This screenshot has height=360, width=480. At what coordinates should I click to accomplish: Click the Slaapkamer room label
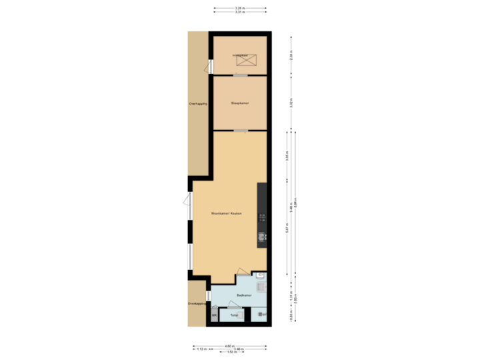click(240, 103)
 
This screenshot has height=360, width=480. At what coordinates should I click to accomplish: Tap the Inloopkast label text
click(239, 55)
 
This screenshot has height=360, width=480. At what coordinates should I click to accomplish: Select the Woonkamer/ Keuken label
click(226, 213)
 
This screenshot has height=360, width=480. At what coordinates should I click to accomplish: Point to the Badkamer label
click(243, 294)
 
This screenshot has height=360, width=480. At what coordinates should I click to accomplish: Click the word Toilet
click(234, 315)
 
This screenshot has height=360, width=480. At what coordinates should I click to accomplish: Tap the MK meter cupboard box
click(213, 315)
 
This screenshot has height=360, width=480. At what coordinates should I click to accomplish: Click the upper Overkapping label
click(198, 104)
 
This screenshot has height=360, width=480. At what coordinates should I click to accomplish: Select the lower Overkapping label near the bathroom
click(196, 303)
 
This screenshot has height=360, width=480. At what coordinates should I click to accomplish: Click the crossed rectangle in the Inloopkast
click(247, 61)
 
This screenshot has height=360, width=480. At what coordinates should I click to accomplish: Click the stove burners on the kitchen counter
click(262, 217)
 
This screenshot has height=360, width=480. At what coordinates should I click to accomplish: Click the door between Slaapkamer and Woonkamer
click(241, 131)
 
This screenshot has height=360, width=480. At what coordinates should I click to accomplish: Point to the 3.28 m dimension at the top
click(239, 8)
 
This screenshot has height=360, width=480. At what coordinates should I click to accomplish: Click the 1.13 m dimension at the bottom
click(201, 349)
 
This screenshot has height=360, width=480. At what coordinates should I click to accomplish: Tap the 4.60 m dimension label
click(229, 345)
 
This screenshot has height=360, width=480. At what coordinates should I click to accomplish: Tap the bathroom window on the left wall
click(208, 295)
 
